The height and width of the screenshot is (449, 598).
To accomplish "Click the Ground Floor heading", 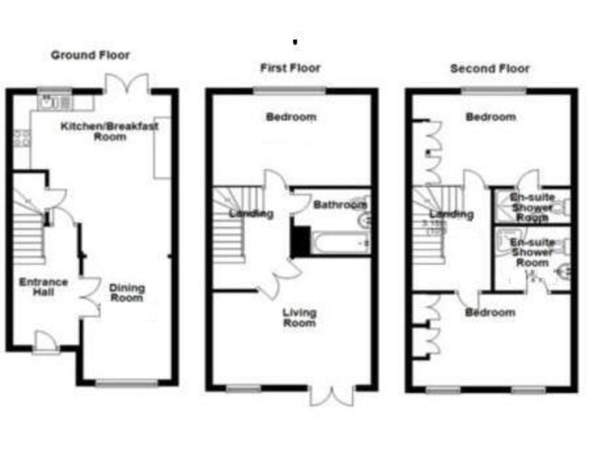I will [90, 55].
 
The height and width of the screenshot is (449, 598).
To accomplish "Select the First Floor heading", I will [290, 68].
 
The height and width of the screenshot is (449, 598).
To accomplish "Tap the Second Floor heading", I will [490, 69].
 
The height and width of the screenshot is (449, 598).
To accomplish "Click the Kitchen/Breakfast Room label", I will [110, 131].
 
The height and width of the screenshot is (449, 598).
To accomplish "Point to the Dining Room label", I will [127, 292].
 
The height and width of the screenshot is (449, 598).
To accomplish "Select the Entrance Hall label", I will [44, 287].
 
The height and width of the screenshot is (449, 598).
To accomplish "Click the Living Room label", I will [299, 317].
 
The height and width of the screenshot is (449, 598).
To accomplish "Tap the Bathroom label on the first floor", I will [339, 205].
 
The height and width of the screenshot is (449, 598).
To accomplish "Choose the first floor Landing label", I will [251, 214].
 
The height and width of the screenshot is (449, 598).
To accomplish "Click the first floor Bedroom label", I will [291, 118].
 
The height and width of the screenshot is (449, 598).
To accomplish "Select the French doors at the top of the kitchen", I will [127, 82].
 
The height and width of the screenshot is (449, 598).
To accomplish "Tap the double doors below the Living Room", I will [332, 394].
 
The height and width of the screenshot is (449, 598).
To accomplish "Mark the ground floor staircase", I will [29, 230].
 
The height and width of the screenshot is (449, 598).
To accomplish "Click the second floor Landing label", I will [452, 214].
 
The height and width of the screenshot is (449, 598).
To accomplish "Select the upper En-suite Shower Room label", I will [532, 207].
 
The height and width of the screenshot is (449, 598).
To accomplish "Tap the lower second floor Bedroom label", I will [491, 313].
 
